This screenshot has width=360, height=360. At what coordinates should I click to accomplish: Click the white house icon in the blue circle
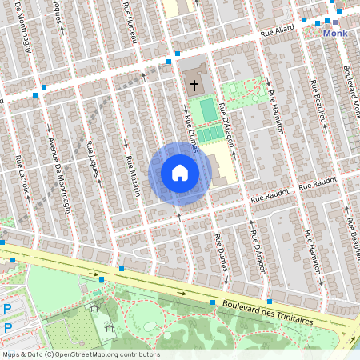click(x=180, y=173)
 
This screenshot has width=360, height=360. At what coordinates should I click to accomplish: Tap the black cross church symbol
click(x=194, y=84)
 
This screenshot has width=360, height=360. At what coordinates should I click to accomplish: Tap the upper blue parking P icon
click(x=8, y=309)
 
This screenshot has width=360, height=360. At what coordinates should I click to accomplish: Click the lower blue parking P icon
click(x=8, y=328)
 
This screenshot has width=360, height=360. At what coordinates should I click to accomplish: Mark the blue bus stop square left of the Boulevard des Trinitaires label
click(x=213, y=303)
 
